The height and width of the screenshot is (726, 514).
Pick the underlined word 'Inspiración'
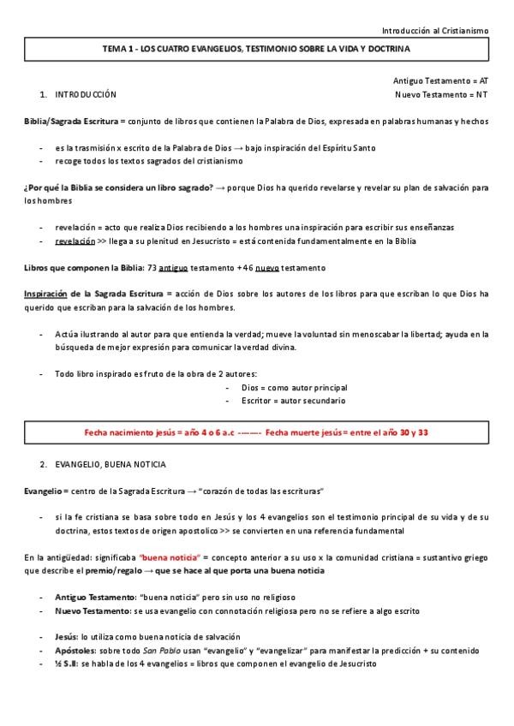(45, 294)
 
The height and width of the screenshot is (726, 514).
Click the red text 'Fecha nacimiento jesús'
(129, 432)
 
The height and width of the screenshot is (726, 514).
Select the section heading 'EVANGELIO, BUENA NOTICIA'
(111, 464)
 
